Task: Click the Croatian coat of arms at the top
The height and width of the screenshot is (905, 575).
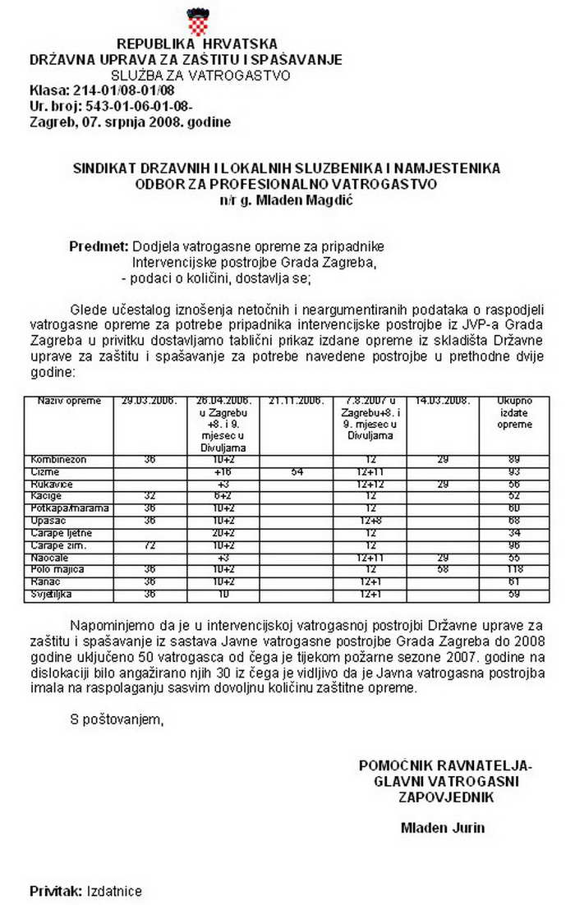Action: point(197,20)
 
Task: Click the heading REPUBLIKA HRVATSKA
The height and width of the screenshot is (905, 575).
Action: point(197,44)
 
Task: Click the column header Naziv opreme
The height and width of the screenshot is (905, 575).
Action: point(69,401)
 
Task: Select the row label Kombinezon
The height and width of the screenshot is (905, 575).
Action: point(58,459)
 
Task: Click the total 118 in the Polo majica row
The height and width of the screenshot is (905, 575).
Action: point(514,569)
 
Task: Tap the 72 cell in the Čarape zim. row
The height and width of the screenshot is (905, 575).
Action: point(149,545)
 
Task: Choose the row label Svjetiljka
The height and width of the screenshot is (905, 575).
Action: point(53,594)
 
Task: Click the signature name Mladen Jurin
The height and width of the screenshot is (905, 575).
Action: point(442,827)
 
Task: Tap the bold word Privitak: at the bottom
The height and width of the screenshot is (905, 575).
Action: point(55,890)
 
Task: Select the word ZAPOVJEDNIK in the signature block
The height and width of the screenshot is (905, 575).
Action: point(445,797)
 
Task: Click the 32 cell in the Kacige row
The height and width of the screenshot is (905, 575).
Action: point(149,496)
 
